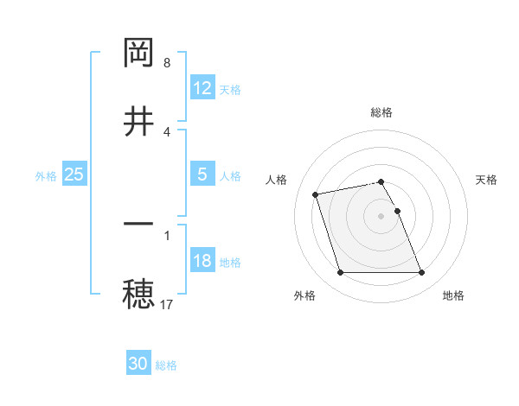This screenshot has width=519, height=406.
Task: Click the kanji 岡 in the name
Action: (138, 54)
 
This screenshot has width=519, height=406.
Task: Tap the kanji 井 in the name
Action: (138, 122)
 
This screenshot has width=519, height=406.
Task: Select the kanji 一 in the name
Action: (138, 225)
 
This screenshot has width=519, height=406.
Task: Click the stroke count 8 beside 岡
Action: (167, 63)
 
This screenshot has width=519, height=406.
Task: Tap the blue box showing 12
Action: (202, 88)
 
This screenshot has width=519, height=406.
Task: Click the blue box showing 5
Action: (202, 174)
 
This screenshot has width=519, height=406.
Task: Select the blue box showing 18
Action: (202, 261)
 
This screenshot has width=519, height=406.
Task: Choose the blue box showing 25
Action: (74, 174)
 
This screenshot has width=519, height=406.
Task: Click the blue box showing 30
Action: (138, 365)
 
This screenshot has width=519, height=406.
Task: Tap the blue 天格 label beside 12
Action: (230, 89)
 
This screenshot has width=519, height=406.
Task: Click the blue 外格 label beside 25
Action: (46, 175)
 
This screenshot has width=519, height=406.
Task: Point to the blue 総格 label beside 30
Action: (166, 365)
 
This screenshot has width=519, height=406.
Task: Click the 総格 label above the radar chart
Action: (381, 112)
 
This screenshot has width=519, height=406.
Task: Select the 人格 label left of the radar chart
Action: (276, 180)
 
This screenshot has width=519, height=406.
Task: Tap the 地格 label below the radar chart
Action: (453, 295)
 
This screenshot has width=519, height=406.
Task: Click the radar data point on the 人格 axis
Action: (316, 193)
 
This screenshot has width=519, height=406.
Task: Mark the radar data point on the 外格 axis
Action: (340, 273)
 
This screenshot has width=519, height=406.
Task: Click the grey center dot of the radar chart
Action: (381, 215)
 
